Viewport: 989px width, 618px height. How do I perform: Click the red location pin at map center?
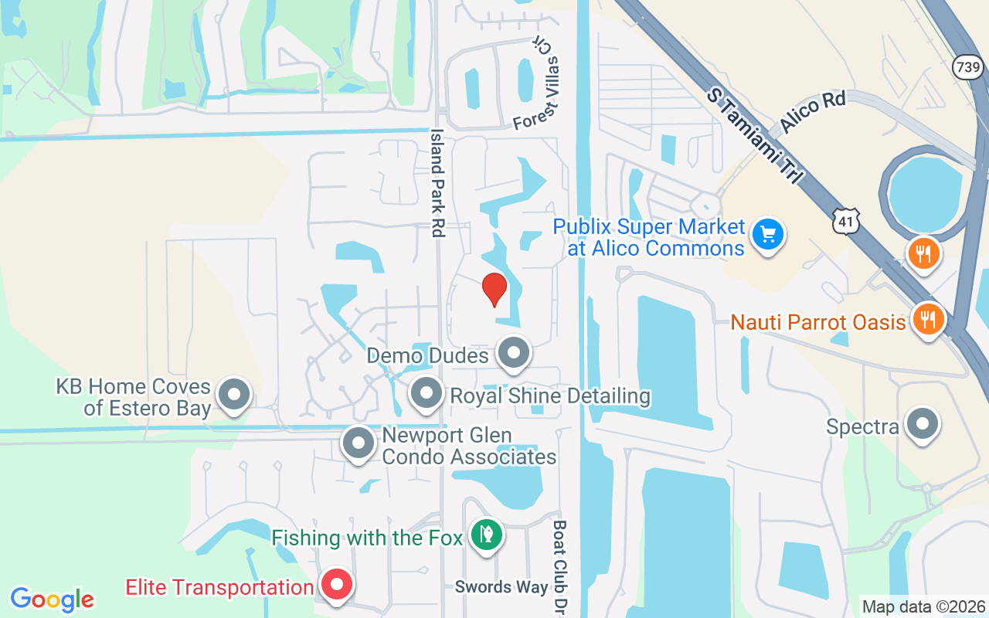click(x=494, y=289)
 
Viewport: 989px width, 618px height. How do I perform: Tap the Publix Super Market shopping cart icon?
click(x=768, y=234)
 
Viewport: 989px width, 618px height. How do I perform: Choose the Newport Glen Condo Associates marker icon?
click(x=358, y=443)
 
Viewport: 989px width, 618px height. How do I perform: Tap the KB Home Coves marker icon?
click(x=234, y=395)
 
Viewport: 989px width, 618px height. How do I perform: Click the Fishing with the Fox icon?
click(x=486, y=535)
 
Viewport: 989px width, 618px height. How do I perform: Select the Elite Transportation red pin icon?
click(x=337, y=585)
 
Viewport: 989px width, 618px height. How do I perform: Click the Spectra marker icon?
click(x=921, y=424)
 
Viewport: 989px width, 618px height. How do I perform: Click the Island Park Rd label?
click(x=437, y=182)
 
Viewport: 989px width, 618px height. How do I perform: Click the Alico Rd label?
click(x=813, y=111)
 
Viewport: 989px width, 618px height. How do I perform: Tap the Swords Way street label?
click(x=501, y=587)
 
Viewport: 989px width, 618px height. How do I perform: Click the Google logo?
click(x=53, y=599)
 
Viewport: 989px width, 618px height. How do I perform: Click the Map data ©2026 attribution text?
click(x=923, y=606)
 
